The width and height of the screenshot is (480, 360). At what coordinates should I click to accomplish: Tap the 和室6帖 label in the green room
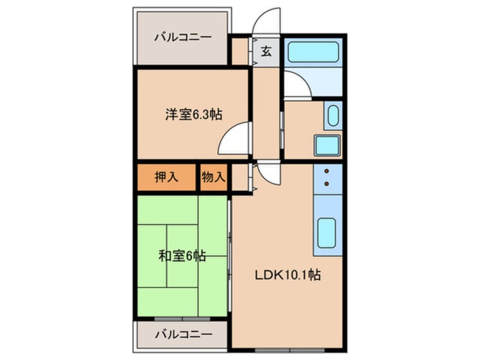tap(182, 256)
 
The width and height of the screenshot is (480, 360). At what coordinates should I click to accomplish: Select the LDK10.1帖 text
tap(287, 277)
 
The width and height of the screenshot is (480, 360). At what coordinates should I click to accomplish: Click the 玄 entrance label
tap(266, 52)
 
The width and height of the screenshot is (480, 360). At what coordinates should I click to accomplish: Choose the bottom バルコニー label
tap(183, 334)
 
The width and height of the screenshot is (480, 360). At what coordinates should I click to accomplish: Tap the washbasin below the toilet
tap(327, 145)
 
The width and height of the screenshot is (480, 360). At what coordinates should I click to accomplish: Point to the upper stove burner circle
tap(327, 170)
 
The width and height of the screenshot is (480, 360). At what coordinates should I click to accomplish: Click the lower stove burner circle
tap(327, 183)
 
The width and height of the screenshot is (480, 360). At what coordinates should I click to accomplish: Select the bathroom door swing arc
tap(296, 85)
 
